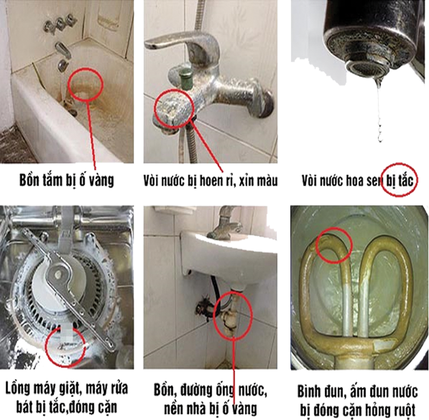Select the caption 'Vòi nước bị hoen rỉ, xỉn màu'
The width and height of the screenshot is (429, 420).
click(x=211, y=181)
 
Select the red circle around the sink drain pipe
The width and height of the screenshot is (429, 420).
click(x=214, y=314)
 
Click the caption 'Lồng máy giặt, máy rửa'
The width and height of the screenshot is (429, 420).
click(x=66, y=388)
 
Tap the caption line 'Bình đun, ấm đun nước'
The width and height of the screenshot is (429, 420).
click(x=357, y=391)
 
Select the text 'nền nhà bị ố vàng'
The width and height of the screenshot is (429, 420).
click(x=211, y=408)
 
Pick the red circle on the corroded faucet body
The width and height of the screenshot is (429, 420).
click(x=154, y=109)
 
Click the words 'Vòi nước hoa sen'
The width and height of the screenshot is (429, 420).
click(x=343, y=181)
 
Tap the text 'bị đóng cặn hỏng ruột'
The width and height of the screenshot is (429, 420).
click(x=357, y=410)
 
